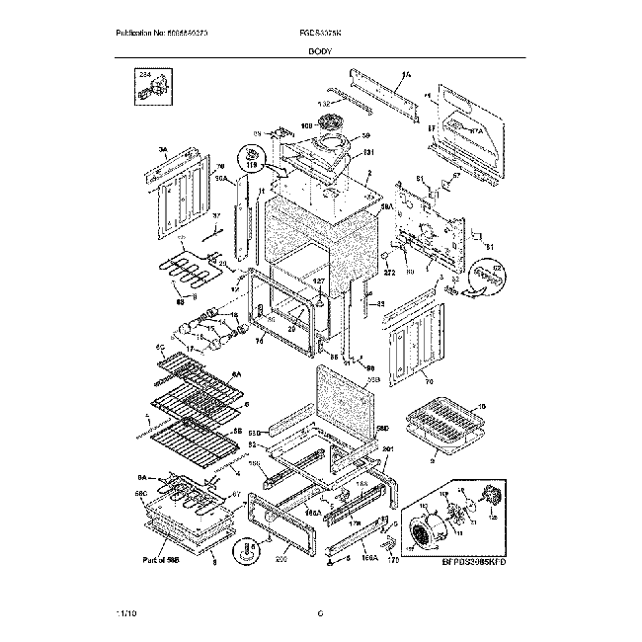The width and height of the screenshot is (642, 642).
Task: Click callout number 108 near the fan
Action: click(306, 126)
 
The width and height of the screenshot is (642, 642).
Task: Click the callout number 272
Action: click(389, 272)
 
